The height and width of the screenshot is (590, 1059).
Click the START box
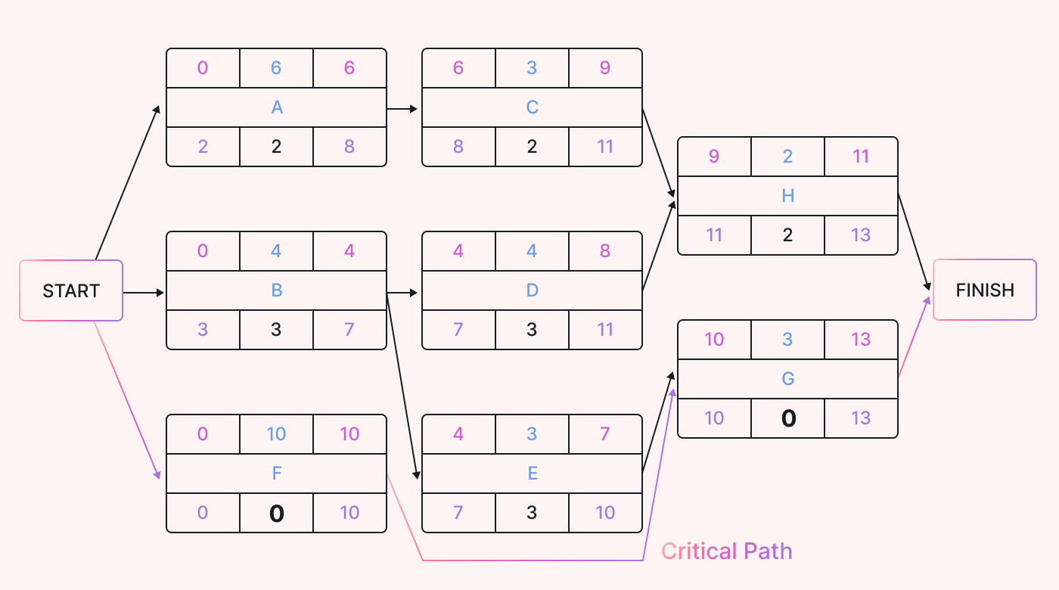tap(71, 291)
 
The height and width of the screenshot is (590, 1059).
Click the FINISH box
tap(984, 290)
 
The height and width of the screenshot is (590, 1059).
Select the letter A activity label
tap(277, 107)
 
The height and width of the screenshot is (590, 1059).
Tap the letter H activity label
tap(787, 196)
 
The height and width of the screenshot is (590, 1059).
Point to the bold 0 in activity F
tap(277, 514)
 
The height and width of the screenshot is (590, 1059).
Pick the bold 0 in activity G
tap(787, 418)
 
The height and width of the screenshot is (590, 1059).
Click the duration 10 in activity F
tap(276, 434)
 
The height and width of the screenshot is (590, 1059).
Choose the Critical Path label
tap(726, 551)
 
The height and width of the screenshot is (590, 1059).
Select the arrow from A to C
tap(402, 109)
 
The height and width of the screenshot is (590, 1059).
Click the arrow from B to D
tap(402, 292)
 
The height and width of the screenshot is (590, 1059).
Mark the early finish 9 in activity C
tap(605, 68)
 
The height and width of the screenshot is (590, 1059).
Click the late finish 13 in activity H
tap(861, 235)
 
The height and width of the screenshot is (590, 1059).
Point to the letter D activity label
tap(532, 290)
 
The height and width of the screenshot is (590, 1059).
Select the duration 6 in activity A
tap(276, 68)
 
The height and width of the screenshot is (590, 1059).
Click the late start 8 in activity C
tap(458, 147)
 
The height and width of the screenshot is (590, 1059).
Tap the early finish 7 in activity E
tap(605, 434)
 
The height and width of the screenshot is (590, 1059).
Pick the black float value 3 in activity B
tap(276, 330)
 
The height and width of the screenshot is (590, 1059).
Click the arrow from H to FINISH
tap(915, 242)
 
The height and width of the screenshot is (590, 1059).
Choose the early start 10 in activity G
tap(714, 340)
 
